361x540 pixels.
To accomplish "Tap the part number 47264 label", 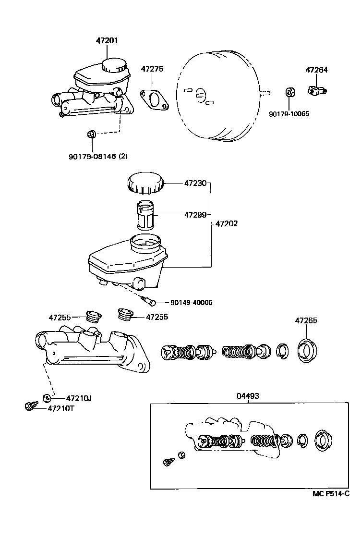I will [x=316, y=70].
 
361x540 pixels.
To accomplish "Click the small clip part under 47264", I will [x=315, y=90].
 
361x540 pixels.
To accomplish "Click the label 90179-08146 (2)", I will [x=98, y=156].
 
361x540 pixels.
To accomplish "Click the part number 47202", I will [x=226, y=223].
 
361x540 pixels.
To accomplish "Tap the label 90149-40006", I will [x=191, y=303].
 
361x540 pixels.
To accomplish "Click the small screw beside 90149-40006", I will [x=149, y=300].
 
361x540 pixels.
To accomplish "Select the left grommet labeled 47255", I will [x=92, y=316].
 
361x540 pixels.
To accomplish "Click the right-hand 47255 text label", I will [x=158, y=317].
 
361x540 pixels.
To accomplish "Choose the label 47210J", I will [x=78, y=398].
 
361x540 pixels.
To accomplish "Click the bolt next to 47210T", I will [x=31, y=407].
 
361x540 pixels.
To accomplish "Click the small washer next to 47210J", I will [x=47, y=397].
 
